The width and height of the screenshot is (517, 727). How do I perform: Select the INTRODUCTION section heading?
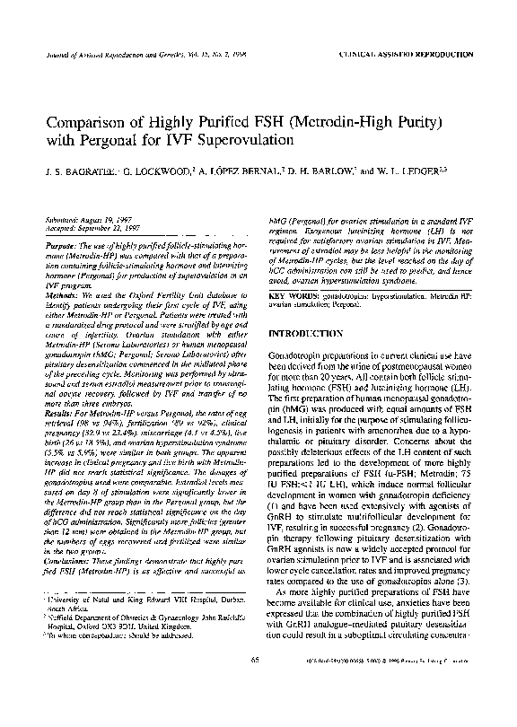point(313,334)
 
